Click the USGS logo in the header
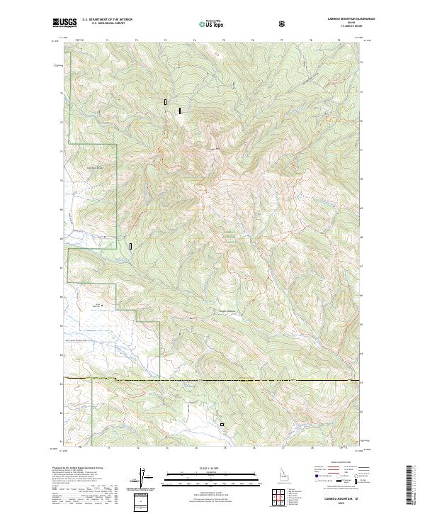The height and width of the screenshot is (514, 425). coord(66,23)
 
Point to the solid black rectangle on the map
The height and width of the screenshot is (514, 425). coord(180,111)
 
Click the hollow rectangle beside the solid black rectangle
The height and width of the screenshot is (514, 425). coord(166,102)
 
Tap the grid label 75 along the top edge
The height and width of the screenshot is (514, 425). coord(225,41)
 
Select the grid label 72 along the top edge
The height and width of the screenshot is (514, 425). coord(136,41)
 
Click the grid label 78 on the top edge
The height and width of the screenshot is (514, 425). coord(310,41)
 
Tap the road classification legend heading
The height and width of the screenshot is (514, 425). coord(341,462)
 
